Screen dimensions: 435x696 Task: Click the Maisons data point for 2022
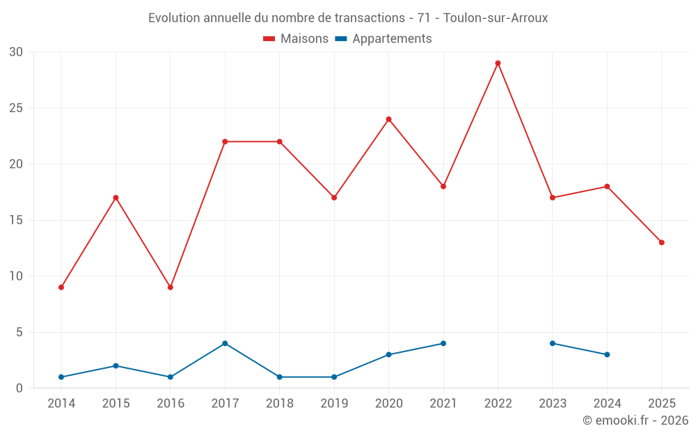[x=498, y=63]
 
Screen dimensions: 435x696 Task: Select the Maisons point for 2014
[x=61, y=287]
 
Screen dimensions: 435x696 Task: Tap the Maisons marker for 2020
[x=388, y=119]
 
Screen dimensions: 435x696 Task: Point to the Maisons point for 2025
[x=661, y=242]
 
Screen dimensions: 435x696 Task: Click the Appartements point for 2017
[x=225, y=343]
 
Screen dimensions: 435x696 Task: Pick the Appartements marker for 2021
[x=443, y=343]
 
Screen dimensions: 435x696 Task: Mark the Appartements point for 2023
[x=553, y=343]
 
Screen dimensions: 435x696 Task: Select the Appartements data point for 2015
[x=116, y=365]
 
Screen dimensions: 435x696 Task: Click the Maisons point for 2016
[x=171, y=287]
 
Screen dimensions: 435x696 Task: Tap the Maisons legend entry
[x=296, y=39]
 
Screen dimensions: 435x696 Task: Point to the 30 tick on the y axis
[x=17, y=52]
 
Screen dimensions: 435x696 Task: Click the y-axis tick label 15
[x=17, y=221]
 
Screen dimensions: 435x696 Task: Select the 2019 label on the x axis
[x=334, y=404]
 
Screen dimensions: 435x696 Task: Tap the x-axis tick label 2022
[x=498, y=404]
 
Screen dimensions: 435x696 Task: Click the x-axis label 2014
[x=61, y=404]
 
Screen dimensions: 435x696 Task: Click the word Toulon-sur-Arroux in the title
[x=496, y=18]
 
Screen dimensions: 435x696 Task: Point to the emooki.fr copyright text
[x=635, y=420]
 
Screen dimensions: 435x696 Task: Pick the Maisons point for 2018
[x=280, y=141]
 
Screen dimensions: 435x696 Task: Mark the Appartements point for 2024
[x=607, y=354]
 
